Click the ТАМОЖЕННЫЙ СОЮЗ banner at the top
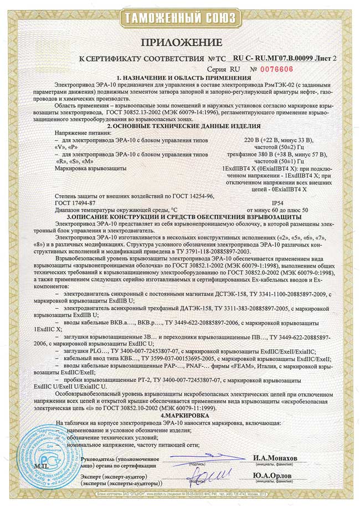(x=179, y=19)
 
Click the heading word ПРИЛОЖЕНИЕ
(x=179, y=43)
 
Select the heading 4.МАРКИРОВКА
(x=179, y=415)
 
